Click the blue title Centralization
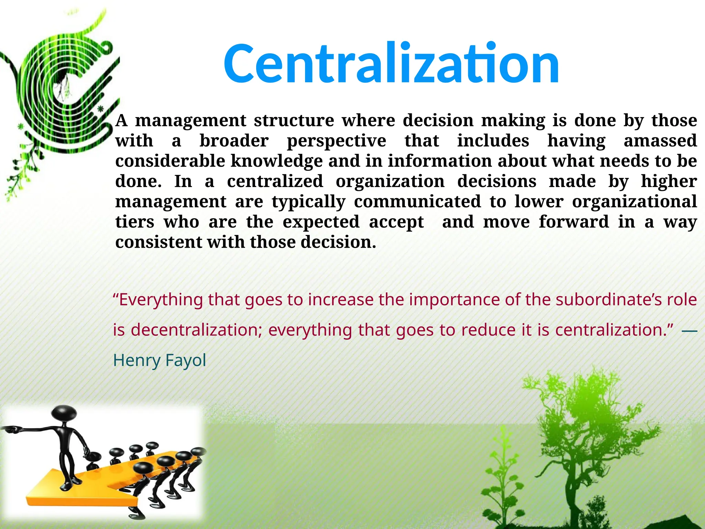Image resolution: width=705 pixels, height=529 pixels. (391, 63)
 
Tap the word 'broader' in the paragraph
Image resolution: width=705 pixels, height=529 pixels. (234, 141)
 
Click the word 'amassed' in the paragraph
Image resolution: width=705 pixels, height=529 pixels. (660, 141)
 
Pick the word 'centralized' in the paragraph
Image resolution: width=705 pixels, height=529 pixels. (275, 181)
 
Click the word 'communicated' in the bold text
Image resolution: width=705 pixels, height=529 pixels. (417, 201)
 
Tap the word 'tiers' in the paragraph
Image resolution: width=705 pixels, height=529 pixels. (135, 222)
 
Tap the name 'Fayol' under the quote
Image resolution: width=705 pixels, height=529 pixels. (186, 360)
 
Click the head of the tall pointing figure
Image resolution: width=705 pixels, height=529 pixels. (64, 413)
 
